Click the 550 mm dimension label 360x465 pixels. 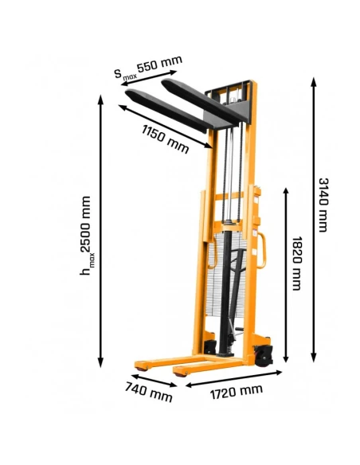click(x=159, y=64)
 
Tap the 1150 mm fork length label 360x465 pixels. click(x=165, y=139)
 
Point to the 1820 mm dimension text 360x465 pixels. click(x=296, y=263)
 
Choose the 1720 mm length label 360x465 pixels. click(x=235, y=390)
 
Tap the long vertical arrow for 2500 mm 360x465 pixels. click(x=100, y=231)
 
